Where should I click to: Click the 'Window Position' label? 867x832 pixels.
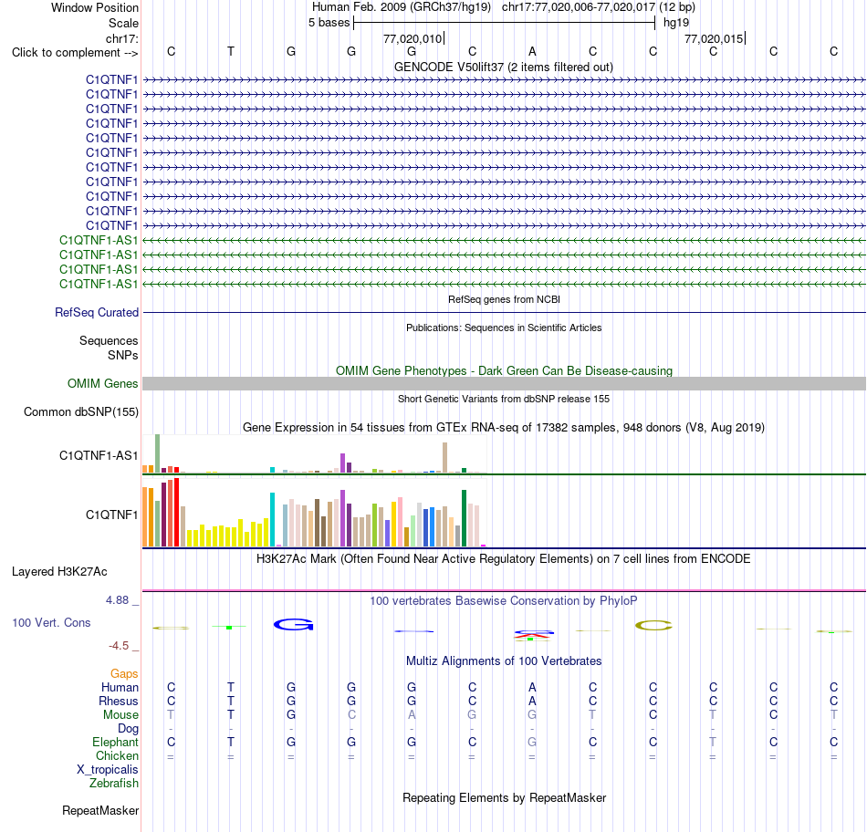coord(95,7)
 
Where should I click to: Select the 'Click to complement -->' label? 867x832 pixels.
coord(75,53)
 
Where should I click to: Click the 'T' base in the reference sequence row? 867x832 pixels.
coord(231,51)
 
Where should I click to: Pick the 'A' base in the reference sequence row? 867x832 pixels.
coord(532,51)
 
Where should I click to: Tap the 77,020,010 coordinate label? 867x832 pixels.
coord(413,38)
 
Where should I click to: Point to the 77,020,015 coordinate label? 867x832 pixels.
coord(714,38)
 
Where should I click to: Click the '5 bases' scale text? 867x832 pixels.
coord(329,23)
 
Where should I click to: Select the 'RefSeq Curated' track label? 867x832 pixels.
coord(97,312)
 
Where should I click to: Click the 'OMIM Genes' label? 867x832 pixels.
coord(103,384)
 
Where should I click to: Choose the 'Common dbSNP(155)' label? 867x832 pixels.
coord(81,411)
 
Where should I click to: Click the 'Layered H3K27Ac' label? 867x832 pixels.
coord(59,572)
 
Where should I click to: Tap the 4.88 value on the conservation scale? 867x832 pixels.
coord(117,600)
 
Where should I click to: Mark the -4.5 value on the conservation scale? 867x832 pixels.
coord(119,646)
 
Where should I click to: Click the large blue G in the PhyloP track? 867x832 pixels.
coord(294,625)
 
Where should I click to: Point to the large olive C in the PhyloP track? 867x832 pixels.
coord(653,626)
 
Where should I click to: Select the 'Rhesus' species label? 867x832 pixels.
coord(119,701)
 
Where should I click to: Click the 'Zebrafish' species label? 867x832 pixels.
coord(114,784)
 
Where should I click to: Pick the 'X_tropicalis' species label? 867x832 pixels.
coord(108,770)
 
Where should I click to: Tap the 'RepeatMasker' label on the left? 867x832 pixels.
coord(100,810)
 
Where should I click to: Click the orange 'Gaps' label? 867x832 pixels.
coord(124,673)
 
